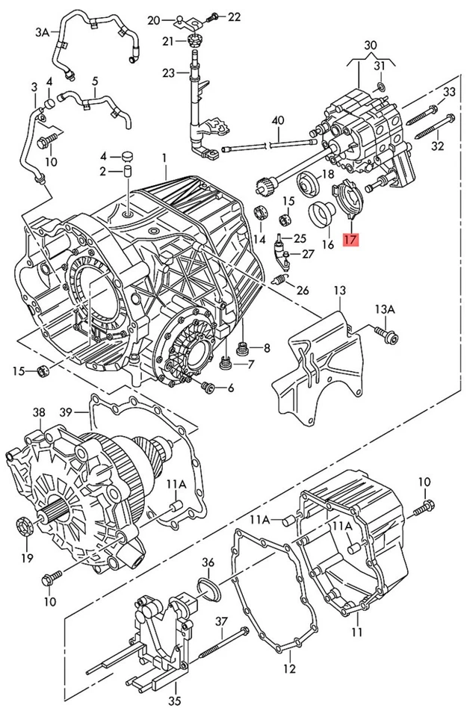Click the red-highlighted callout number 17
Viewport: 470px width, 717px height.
[x=350, y=240]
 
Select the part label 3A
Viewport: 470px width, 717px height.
[x=42, y=32]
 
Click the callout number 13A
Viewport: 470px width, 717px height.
[x=384, y=308]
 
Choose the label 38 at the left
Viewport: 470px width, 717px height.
[x=38, y=412]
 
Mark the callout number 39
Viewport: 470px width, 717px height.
[x=67, y=412]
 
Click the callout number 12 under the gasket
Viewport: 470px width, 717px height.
[x=289, y=668]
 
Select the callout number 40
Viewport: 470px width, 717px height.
[x=278, y=121]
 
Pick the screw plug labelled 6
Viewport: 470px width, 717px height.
[x=208, y=387]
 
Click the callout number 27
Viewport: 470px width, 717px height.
[x=307, y=255]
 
